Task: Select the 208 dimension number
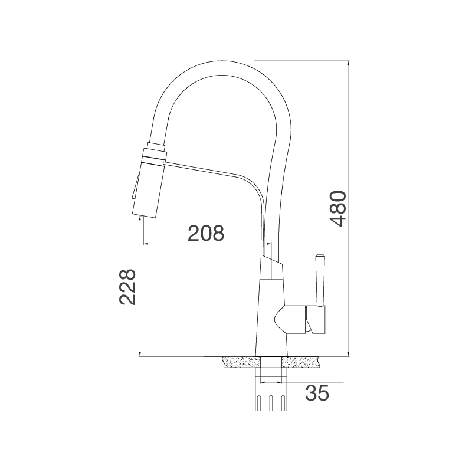click(206, 234)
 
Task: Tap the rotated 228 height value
click(127, 287)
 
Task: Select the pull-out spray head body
click(149, 189)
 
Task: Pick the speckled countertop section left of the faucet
click(241, 362)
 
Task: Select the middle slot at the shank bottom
click(271, 403)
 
